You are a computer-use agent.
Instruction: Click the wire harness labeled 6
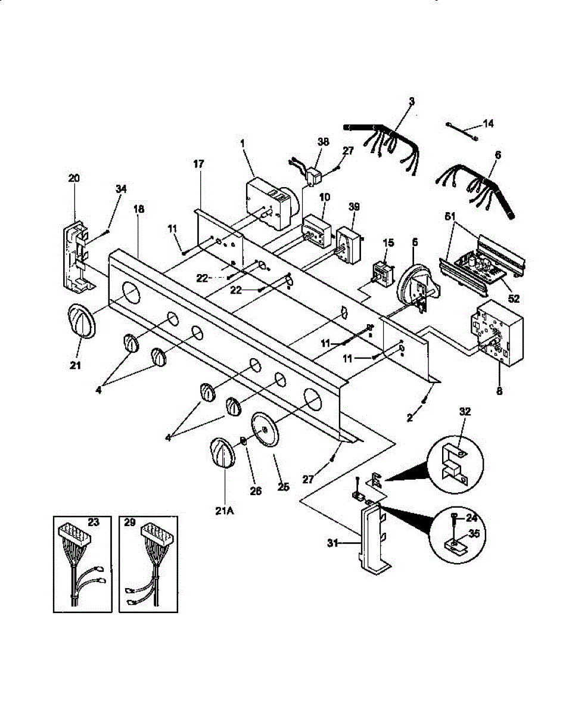pos(480,182)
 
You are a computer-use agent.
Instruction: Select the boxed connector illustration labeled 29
pos(149,564)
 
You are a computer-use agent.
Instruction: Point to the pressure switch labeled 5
pos(417,285)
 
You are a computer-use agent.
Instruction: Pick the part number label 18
pos(139,209)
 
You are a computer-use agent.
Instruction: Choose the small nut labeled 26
pos(243,442)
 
